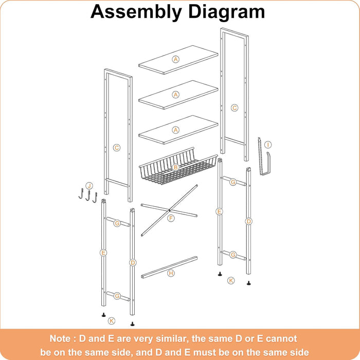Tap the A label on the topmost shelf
176,59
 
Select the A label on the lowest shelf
176,130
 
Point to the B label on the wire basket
176,167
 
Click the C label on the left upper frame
117,148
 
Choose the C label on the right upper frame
235,108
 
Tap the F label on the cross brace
171,218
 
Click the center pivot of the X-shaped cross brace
169,210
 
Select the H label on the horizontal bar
171,273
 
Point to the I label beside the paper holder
268,145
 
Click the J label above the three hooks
89,186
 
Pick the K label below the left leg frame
112,321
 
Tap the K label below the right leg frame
231,280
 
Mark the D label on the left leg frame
133,263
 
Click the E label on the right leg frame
219,211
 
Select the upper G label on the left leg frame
117,223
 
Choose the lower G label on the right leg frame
233,255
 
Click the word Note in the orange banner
62,339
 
